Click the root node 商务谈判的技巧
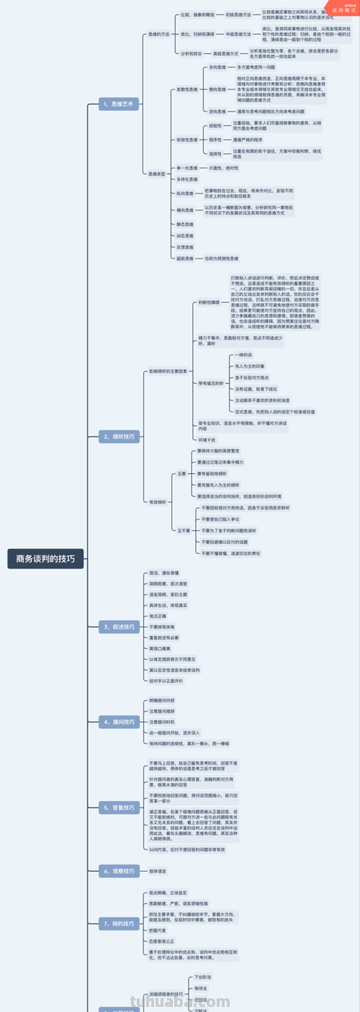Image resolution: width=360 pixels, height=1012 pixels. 45,558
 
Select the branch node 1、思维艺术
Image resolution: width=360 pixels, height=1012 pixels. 118,104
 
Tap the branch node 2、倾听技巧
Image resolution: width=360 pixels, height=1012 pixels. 118,436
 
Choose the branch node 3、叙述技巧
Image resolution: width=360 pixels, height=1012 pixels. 118,627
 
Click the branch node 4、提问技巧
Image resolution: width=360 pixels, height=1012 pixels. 118,721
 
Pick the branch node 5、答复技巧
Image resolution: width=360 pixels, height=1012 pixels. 118,808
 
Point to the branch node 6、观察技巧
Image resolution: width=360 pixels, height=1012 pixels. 118,871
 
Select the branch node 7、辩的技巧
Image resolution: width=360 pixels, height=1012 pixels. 118,923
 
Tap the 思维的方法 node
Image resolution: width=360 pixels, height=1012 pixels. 158,34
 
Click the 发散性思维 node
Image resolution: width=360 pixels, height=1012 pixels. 186,89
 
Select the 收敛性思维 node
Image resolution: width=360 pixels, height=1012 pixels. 186,139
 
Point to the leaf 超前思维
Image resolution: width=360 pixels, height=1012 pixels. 185,258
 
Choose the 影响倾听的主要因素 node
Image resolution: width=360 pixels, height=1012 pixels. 168,371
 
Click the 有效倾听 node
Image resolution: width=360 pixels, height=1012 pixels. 157,501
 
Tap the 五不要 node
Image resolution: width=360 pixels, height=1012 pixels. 184,530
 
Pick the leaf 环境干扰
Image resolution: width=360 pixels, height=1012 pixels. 207,439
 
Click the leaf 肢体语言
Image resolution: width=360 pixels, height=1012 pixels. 158,871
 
